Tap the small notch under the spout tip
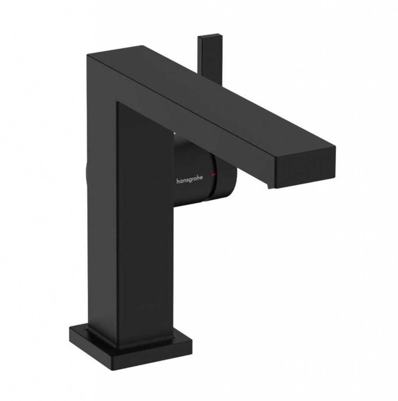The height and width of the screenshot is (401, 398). click(271, 187)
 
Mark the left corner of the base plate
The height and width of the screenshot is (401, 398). click(70, 328)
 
